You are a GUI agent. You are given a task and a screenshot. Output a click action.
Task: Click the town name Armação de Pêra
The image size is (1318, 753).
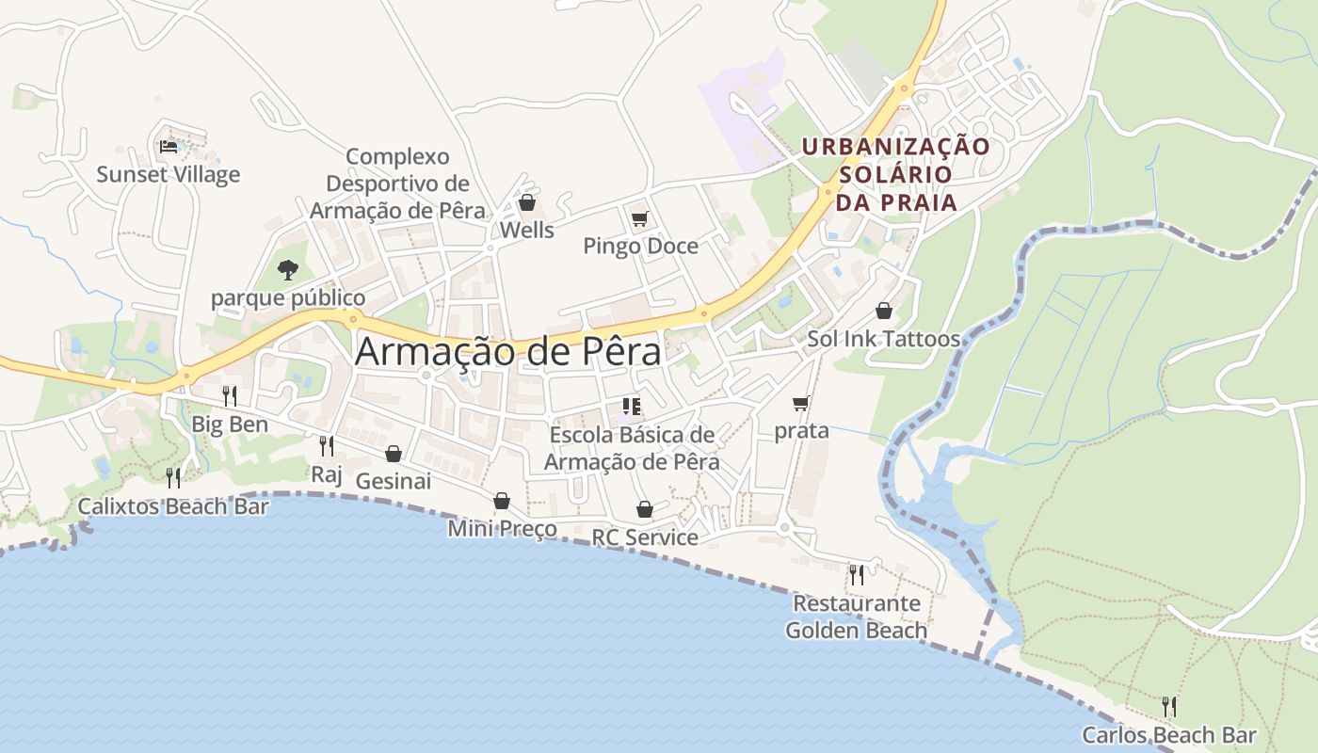508,352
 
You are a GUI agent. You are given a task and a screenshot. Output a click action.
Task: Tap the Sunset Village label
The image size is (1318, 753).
169,174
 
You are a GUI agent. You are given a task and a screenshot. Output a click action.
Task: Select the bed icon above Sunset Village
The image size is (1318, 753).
169,146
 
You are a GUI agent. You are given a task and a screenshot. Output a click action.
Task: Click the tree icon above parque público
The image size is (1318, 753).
288,271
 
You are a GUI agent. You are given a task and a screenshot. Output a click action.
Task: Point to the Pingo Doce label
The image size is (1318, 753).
640,247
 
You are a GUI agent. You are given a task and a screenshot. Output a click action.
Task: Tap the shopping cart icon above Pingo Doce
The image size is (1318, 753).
640,219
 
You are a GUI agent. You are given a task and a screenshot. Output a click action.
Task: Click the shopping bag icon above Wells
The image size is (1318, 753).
527,203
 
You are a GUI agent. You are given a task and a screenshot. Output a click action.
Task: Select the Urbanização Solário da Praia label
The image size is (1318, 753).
895,174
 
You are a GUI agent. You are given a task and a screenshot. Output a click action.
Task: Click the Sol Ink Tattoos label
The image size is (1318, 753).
883,339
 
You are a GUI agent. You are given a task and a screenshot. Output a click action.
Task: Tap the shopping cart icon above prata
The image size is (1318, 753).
801,404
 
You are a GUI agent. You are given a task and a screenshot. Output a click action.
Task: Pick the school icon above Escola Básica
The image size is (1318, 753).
632,408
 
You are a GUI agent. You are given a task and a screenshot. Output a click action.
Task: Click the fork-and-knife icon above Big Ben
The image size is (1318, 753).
230,396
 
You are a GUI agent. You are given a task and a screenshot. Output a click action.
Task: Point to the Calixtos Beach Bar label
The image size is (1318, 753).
173,506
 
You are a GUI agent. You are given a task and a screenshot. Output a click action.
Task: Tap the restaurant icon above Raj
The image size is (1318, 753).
327,446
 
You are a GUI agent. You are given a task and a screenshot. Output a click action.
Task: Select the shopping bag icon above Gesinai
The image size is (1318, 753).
394,455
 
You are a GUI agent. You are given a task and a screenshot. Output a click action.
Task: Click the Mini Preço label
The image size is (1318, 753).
502,529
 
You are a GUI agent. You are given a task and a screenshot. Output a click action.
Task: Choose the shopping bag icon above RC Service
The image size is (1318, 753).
645,510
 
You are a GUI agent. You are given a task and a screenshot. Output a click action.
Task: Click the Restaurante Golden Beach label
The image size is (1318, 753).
857,617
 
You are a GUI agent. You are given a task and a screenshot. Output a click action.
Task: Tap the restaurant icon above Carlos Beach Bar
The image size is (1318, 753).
1169,707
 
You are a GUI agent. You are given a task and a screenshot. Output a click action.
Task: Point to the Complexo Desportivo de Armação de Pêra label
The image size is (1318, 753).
398,184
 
